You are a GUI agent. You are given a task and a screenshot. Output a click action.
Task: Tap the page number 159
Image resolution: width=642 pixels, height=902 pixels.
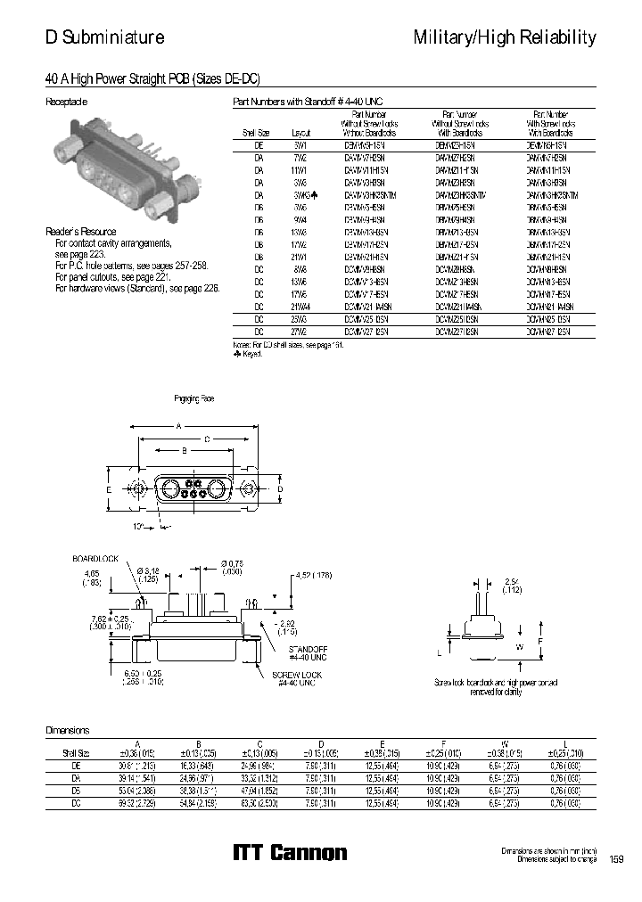(616, 859)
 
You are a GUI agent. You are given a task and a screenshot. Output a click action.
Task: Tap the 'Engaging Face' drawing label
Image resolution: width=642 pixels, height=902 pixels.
(193, 398)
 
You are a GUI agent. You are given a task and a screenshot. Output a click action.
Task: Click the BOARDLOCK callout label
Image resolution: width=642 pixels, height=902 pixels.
(95, 559)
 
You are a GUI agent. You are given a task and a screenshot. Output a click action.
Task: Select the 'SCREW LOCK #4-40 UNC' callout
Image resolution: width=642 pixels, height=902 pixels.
(297, 679)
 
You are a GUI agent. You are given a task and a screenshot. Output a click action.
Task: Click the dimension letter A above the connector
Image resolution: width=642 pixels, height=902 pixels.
(178, 427)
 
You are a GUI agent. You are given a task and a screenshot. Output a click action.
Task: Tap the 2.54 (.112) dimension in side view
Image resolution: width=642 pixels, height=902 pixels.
(511, 585)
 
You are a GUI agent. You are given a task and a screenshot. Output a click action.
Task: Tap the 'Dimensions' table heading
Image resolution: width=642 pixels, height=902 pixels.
(68, 730)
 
